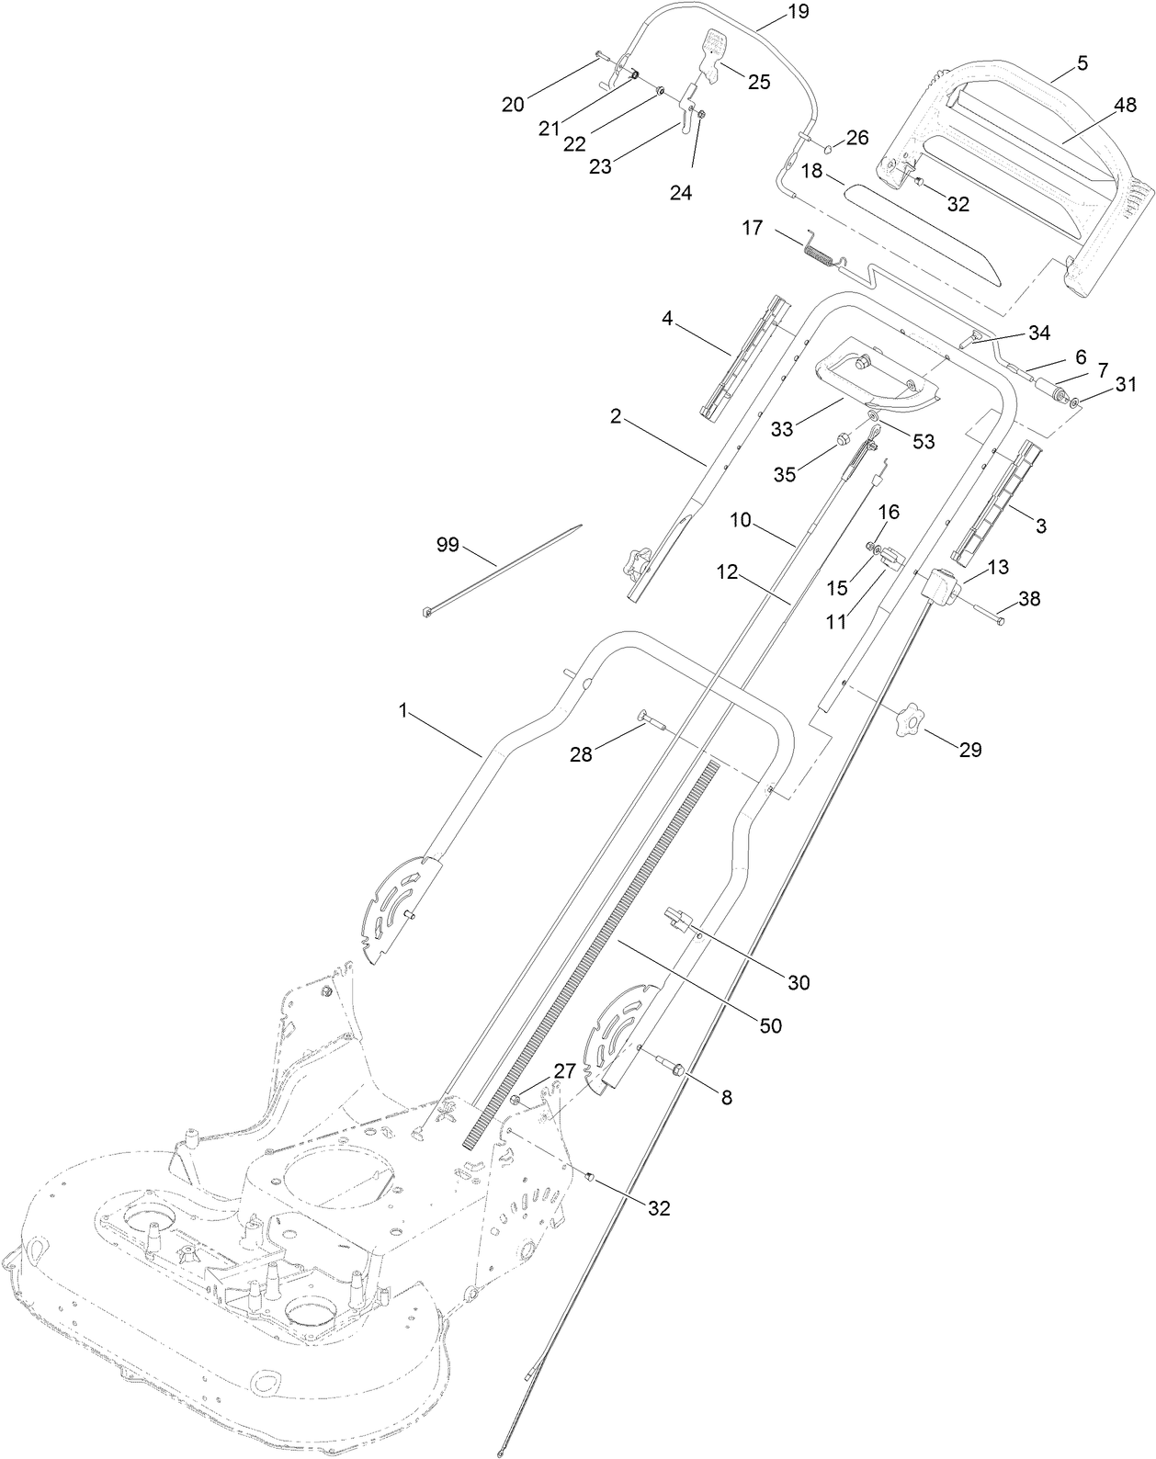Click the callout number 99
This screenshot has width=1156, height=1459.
pos(447,545)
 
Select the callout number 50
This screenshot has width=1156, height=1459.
pos(770,1025)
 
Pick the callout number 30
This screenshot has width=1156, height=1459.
pos(799,982)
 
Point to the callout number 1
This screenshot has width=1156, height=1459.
pos(402,710)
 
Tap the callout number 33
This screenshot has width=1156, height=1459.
pos(781,428)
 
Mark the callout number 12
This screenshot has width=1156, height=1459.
pos(728,572)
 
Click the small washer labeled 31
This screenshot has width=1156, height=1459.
pos(1077,402)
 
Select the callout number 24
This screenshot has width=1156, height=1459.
pos(680,193)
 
